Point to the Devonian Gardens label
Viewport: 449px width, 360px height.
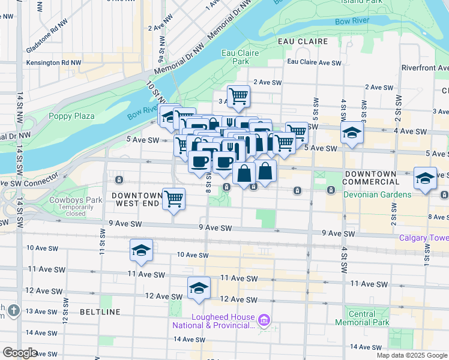377,194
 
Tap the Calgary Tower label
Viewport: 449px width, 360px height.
423,238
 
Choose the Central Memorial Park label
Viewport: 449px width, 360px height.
362,318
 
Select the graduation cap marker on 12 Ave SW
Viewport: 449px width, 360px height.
199,288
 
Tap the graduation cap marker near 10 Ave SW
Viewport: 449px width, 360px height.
141,250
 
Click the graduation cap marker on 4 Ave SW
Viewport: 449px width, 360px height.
352,133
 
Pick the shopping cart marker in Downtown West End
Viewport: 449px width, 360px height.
174,199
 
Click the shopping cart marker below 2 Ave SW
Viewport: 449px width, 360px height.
239,96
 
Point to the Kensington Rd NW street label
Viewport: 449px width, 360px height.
54,62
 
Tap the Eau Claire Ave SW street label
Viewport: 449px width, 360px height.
314,62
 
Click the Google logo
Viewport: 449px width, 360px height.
20,353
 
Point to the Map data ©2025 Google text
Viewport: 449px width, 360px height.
411,355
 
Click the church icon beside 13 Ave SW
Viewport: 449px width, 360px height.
15,310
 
